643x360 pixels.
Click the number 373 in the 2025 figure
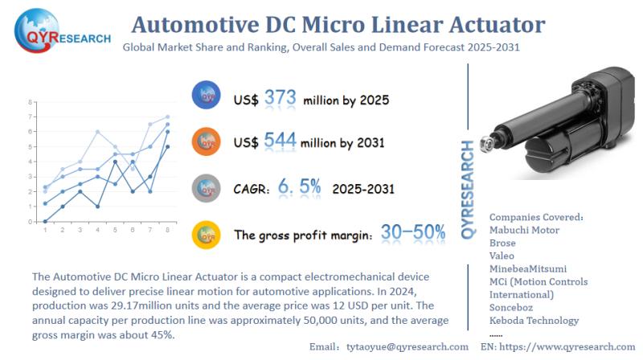pos(281,98)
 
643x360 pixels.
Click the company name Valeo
pos(504,255)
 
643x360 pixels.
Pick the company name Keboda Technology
pos(534,320)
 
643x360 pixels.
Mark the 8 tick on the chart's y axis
pos(30,103)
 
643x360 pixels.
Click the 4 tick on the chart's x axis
pos(97,230)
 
